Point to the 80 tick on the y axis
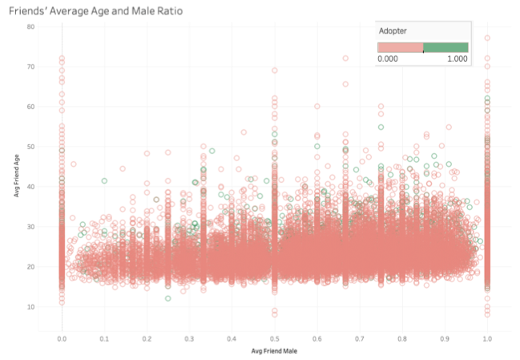tap(30, 26)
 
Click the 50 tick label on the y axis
tap(30, 147)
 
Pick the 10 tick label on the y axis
tap(30, 307)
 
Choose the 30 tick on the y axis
tap(30, 227)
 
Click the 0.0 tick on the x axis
tap(62, 338)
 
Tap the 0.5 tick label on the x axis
tap(274, 338)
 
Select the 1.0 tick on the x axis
tap(486, 338)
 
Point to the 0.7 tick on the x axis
tap(359, 338)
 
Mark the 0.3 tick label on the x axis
tap(189, 338)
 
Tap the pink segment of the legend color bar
tap(400, 48)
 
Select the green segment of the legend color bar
tap(445, 48)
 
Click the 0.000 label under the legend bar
tap(388, 59)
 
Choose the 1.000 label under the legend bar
tap(458, 59)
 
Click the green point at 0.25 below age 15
tap(168, 298)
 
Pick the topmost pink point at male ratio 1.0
tap(486, 38)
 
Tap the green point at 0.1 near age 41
tap(104, 180)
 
